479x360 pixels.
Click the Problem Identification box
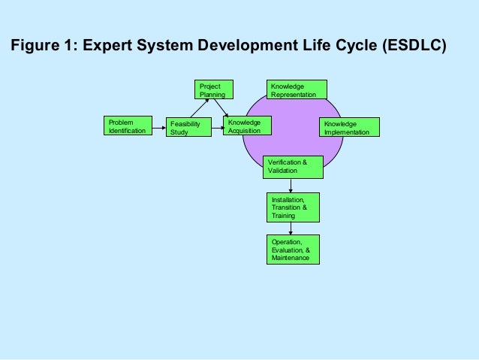point(127,126)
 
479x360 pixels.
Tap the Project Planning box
point(213,89)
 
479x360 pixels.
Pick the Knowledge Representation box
point(297,89)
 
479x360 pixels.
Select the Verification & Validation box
point(294,167)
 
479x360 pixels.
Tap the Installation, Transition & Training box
point(291,207)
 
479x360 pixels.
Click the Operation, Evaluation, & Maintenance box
point(291,250)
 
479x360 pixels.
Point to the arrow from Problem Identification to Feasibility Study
point(156,128)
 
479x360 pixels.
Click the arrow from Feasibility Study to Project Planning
point(196,109)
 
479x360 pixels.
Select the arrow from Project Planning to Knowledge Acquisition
point(221,108)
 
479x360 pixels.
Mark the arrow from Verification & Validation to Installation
point(291,186)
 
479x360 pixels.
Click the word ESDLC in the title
point(412,45)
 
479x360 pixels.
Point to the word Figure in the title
point(35,45)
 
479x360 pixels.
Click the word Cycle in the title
point(351,45)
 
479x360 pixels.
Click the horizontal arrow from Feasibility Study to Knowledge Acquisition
point(215,128)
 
